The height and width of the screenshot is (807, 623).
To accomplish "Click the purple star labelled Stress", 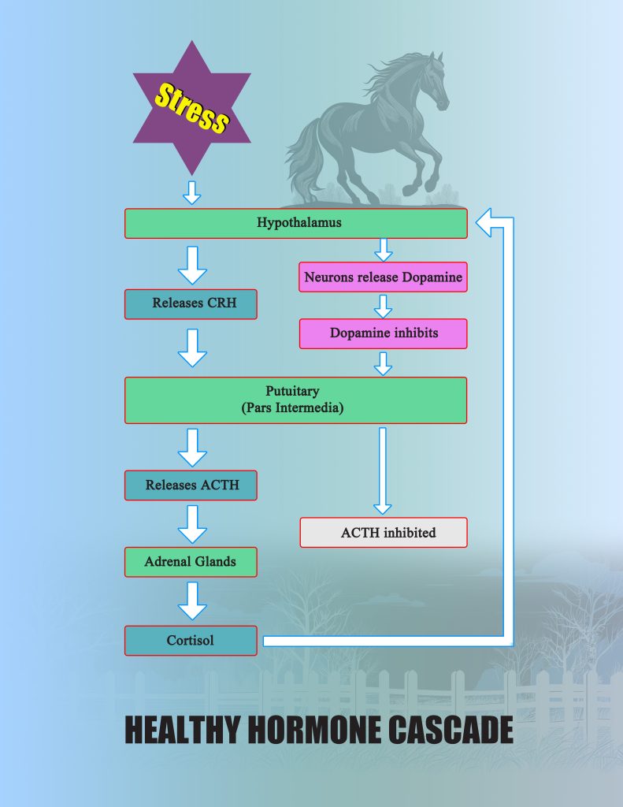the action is [192, 108].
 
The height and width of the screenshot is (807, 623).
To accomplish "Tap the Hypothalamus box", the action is [296, 223].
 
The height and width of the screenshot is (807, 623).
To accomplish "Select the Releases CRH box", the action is [191, 304].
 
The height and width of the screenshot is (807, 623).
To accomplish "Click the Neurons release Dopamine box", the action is [384, 277].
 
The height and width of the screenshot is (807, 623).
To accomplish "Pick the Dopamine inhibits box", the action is [384, 333].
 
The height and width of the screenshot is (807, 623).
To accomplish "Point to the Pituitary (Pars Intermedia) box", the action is [296, 400].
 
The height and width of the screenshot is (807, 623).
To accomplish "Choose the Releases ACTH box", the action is [191, 485].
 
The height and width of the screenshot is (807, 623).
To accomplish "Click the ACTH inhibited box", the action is [384, 533].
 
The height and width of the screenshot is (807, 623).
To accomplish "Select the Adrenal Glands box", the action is [191, 562].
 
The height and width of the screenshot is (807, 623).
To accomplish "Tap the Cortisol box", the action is [191, 641].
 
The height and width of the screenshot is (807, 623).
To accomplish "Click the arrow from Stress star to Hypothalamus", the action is [192, 192].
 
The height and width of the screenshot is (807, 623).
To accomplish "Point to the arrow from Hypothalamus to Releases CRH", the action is [192, 265].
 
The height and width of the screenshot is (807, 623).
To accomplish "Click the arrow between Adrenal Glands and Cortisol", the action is [192, 601].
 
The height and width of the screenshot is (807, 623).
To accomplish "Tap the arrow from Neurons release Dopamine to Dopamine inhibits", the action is [384, 307].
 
